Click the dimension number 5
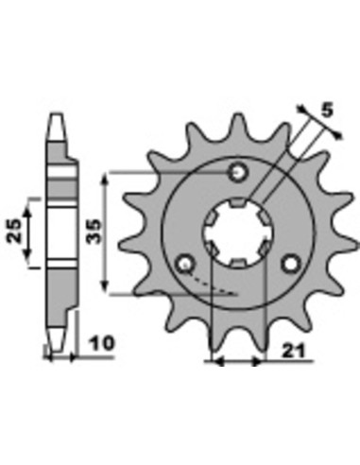[x=327, y=111]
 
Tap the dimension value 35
[x=94, y=232]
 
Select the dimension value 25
[x=14, y=231]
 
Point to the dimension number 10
[x=102, y=343]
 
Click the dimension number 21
[x=294, y=351]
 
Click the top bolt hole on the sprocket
[x=239, y=172]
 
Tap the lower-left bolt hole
[x=185, y=265]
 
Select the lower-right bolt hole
[x=291, y=265]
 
